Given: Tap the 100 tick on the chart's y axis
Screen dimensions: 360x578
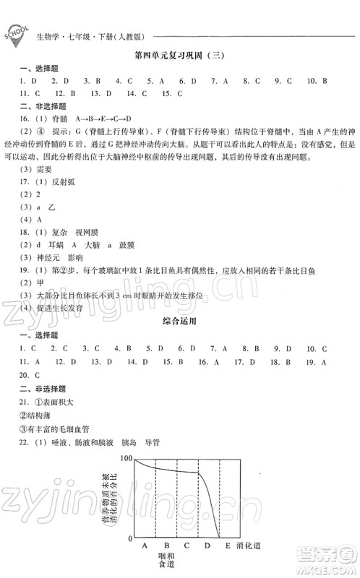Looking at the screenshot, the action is pyautogui.click(x=127, y=460).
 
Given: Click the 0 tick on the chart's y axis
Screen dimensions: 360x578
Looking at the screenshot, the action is pyautogui.click(x=131, y=539).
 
